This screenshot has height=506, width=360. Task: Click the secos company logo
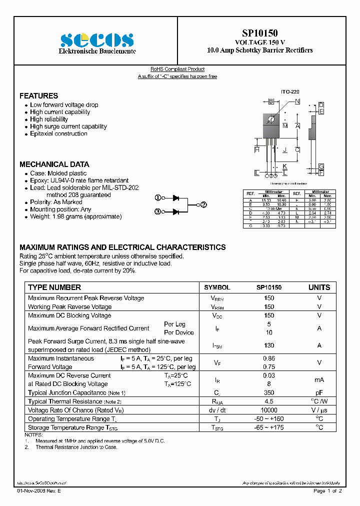pos(96,40)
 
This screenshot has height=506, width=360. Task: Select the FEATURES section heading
pos(38,95)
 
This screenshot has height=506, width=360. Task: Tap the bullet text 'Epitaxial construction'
pos(58,133)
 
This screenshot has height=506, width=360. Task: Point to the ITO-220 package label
pos(289,92)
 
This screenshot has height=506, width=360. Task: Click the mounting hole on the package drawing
pos(271,119)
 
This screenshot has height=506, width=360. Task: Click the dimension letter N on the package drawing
pos(297,102)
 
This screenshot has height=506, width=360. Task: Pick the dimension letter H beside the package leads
pos(256,149)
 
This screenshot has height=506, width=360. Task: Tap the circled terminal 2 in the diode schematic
pos(203,204)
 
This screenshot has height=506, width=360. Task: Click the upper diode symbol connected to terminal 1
pos(176,198)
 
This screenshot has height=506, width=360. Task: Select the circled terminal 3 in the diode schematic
pos(157,211)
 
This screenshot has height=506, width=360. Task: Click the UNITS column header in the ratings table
pos(319,287)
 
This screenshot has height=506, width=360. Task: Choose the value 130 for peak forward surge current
pos(269,345)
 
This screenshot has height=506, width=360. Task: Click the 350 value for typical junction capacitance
pos(269,393)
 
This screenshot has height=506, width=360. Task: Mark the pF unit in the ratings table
pos(319,393)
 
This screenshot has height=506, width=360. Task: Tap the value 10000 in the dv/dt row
pos(269,410)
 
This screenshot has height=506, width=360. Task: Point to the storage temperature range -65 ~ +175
pos(269,427)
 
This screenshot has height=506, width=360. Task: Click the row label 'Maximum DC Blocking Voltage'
pos(69,315)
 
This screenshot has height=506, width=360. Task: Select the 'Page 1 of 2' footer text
pos(327,491)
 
